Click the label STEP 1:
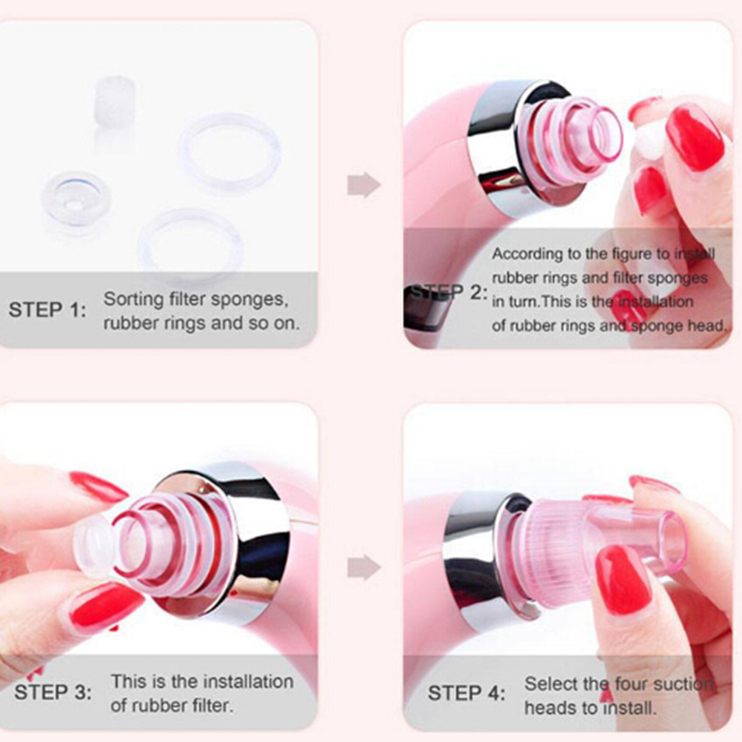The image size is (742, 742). tap(48, 310)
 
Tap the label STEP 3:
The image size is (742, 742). tap(53, 692)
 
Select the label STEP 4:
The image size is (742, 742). tap(467, 693)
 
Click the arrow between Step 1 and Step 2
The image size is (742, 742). tap(364, 184)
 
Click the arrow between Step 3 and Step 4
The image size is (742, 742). tap(364, 567)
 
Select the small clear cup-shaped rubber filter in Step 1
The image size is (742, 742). tap(76, 201)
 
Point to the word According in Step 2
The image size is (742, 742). tap(525, 254)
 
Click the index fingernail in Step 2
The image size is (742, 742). tap(695, 137)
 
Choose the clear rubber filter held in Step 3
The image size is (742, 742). tap(95, 544)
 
